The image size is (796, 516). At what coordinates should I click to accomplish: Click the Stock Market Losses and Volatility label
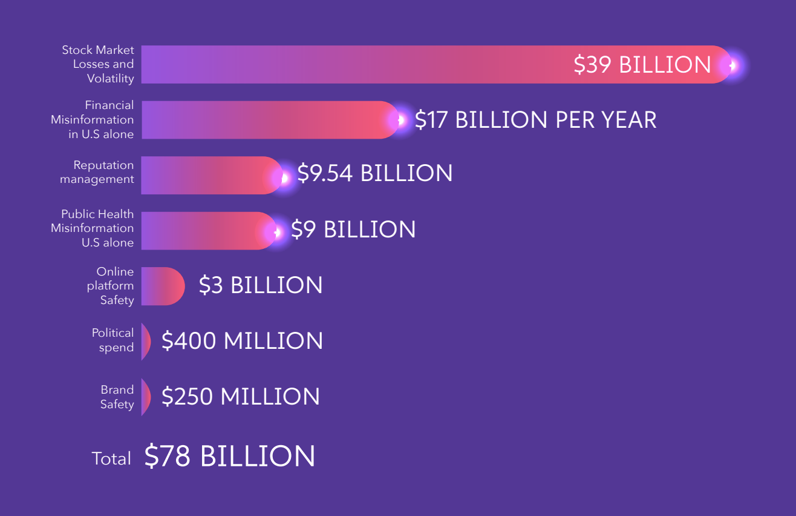tap(97, 64)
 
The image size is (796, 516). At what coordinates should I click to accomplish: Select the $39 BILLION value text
tap(642, 65)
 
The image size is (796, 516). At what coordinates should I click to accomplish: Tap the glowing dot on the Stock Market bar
tap(733, 65)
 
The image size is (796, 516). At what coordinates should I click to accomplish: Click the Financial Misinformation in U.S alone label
tap(92, 120)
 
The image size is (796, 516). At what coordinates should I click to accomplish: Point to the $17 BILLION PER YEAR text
tap(535, 120)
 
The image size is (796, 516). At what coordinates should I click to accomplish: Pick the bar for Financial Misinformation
tap(266, 120)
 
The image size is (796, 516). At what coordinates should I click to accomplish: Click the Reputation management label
tap(97, 172)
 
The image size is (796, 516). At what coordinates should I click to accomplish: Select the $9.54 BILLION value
tap(374, 173)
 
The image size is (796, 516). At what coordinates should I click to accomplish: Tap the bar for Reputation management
tap(209, 176)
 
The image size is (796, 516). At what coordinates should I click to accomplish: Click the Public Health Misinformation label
tap(92, 228)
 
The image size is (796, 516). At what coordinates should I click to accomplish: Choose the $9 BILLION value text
tap(353, 230)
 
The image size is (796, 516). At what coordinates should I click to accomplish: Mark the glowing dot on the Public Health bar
tap(277, 231)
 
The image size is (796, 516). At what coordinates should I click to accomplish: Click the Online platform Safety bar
tap(162, 286)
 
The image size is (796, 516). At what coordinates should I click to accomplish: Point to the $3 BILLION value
tap(261, 285)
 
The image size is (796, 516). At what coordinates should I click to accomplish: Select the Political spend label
tap(113, 340)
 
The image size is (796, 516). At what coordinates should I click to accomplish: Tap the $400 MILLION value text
tap(242, 341)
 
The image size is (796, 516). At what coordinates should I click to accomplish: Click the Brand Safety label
tap(117, 397)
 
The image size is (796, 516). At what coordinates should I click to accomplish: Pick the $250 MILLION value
tap(240, 397)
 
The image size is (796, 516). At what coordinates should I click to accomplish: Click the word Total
tap(111, 458)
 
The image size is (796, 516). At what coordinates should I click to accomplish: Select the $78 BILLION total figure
tap(229, 456)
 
